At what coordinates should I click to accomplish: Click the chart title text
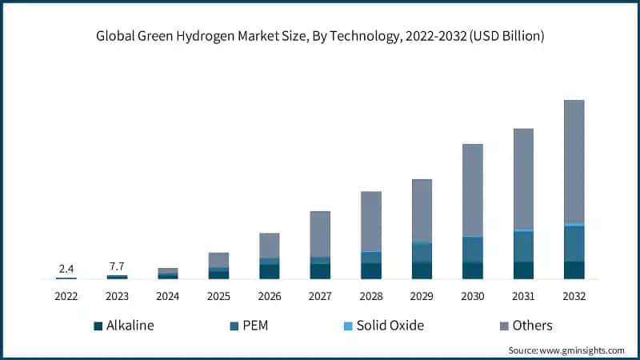(x=320, y=37)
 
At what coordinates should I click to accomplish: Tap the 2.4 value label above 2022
(x=66, y=268)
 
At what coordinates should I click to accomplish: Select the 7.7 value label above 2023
(x=117, y=266)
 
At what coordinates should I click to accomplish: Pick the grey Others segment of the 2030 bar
(x=473, y=190)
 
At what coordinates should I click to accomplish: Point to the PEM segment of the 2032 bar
(x=574, y=244)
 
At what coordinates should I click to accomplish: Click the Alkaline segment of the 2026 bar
(x=270, y=271)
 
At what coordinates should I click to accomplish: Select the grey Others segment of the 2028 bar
(x=371, y=222)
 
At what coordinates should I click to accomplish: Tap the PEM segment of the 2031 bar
(x=523, y=246)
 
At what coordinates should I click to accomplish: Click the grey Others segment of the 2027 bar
(x=320, y=234)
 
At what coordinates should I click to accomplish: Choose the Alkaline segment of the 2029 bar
(x=422, y=270)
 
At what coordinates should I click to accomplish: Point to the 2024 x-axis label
(x=168, y=297)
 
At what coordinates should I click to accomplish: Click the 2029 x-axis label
(x=422, y=297)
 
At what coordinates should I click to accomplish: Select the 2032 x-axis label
(x=574, y=297)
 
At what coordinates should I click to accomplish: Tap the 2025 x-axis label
(x=218, y=297)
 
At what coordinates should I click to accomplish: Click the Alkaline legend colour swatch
(x=98, y=326)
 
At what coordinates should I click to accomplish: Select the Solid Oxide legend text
(x=390, y=326)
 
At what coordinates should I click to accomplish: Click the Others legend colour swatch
(x=504, y=326)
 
